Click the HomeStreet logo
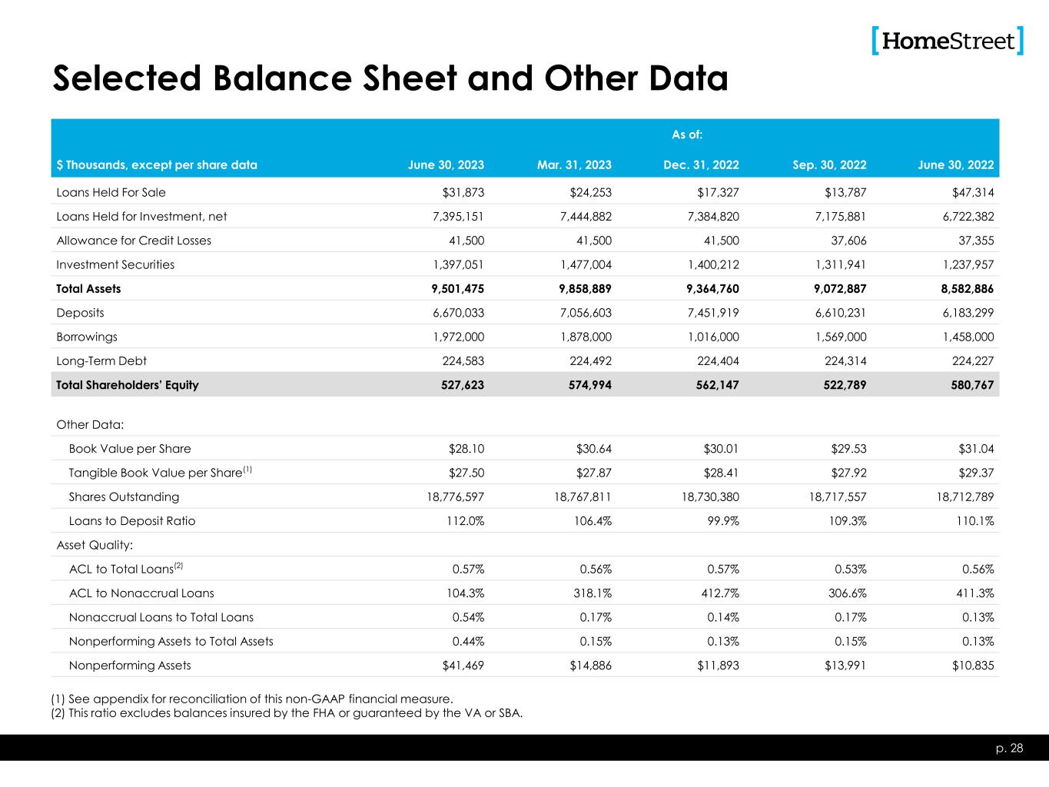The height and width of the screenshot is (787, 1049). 948,41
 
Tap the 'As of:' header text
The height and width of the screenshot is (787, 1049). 687,135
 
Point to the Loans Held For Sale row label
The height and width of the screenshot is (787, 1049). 111,192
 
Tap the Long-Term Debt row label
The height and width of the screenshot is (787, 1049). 101,361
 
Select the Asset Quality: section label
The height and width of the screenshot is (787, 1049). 95,545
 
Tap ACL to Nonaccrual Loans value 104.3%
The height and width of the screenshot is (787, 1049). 466,593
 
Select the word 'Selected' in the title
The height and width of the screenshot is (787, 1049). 125,78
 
